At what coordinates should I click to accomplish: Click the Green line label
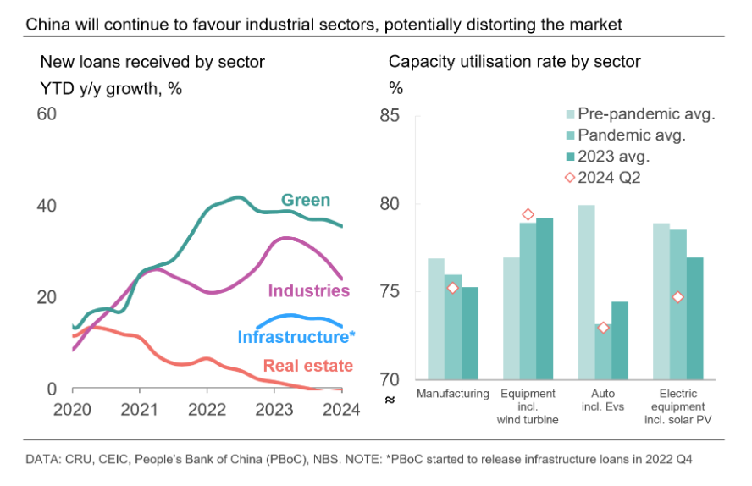[306, 201]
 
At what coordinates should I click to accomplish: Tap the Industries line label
[309, 291]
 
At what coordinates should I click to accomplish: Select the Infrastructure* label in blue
[296, 337]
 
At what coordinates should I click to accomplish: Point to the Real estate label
[308, 367]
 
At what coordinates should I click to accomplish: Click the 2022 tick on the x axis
[206, 410]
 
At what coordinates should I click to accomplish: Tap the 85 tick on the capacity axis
[389, 115]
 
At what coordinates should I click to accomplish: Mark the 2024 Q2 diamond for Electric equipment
[677, 297]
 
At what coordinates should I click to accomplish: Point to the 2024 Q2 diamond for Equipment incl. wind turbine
[528, 215]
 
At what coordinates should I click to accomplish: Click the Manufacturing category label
[452, 394]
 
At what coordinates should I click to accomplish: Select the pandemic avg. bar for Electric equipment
[677, 305]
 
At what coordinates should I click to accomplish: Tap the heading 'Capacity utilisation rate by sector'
[514, 61]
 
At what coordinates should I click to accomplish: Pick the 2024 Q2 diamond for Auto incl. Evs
[603, 328]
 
